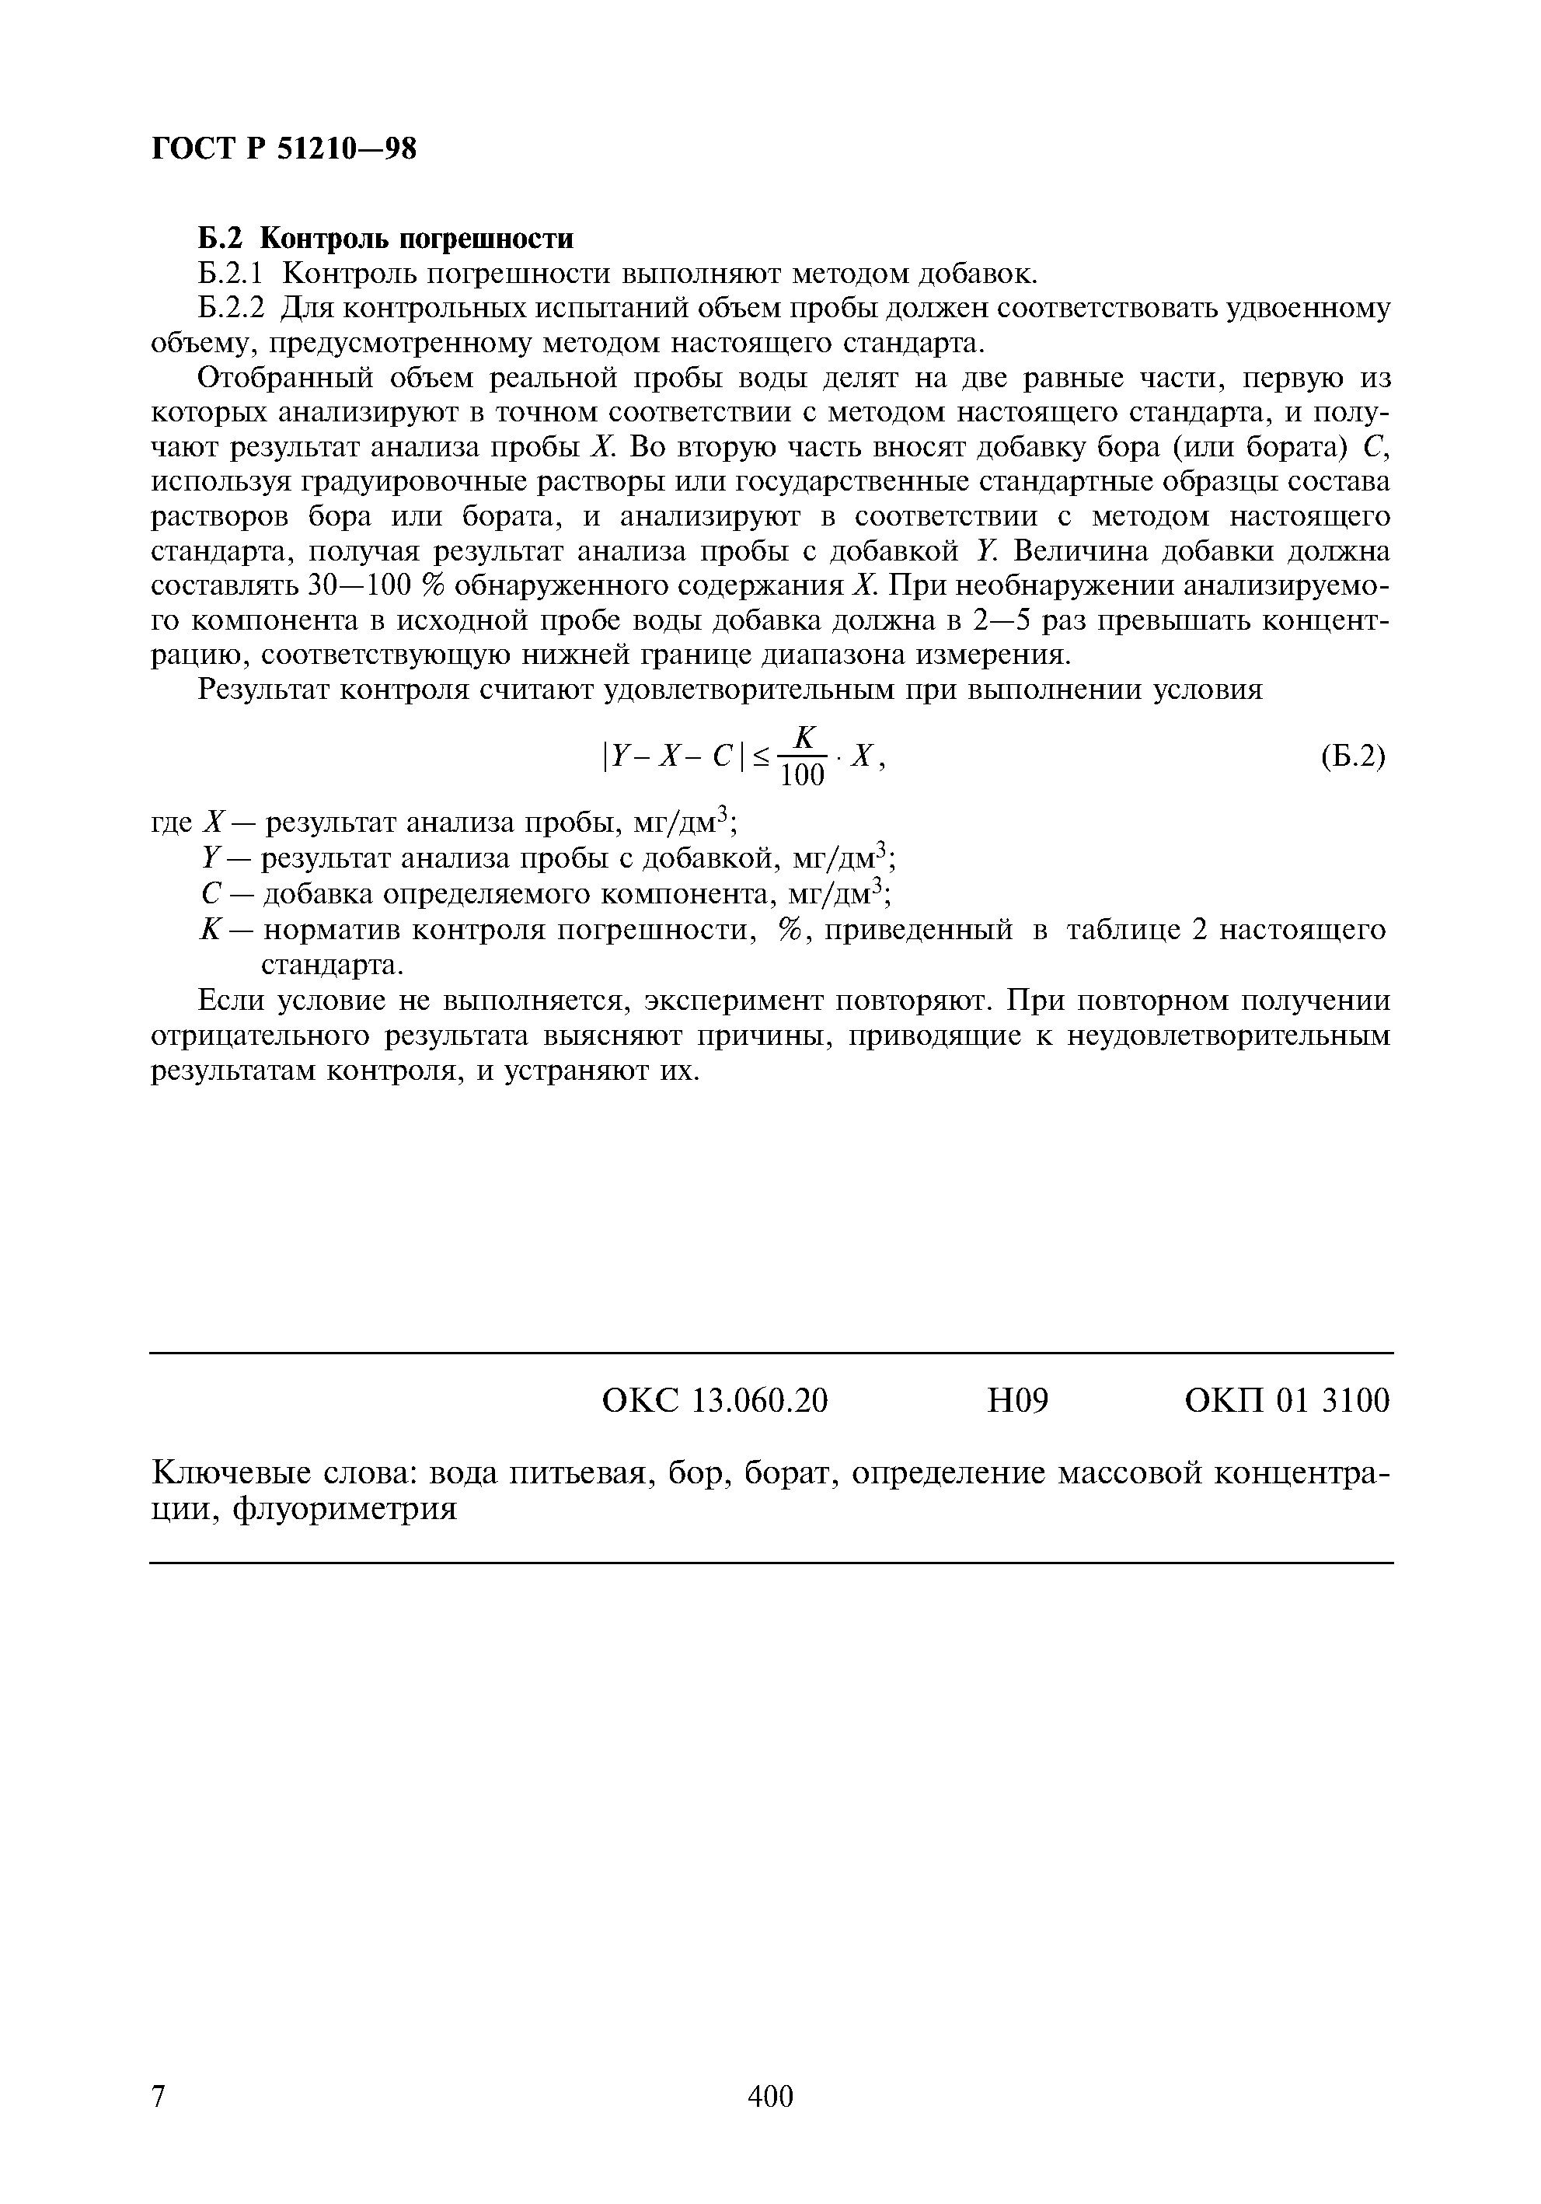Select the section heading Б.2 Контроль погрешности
385,237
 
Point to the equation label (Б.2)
1352,756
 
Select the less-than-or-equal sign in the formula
760,758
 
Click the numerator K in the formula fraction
804,737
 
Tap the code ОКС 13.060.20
714,1402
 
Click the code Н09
1018,1402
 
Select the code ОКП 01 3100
1287,1402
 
